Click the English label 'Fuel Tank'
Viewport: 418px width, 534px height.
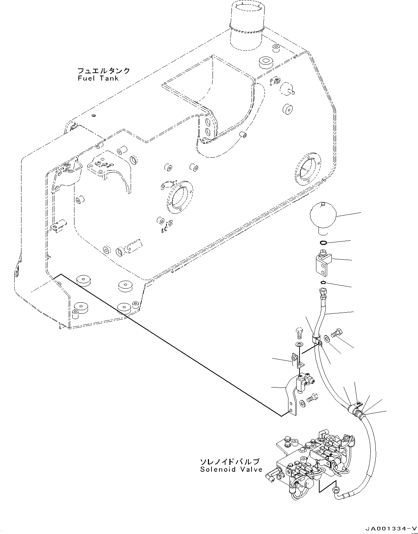98,78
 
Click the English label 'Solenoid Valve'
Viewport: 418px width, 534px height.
231,470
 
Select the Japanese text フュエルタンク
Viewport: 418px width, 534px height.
104,71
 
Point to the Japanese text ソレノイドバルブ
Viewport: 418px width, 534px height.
229,462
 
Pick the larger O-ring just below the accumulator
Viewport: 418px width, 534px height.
323,243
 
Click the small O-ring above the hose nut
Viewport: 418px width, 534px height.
323,284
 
